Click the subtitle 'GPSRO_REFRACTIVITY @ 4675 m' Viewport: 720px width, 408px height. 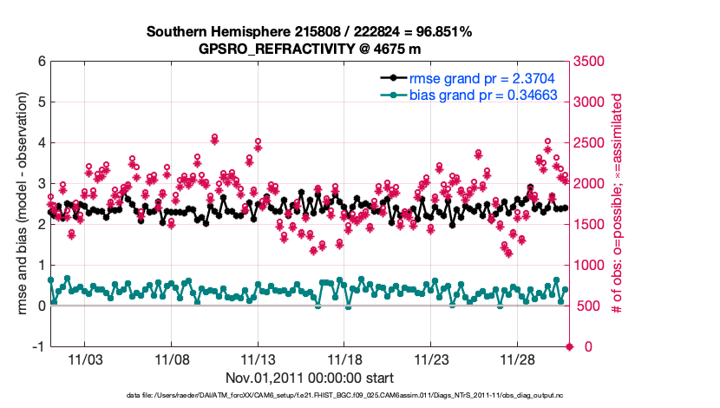(309, 49)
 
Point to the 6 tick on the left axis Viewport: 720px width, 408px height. (41, 62)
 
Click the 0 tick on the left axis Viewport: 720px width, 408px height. (41, 306)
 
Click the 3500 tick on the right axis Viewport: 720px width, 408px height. (589, 62)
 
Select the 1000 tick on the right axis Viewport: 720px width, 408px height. (589, 265)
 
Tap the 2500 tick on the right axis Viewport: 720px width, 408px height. (589, 143)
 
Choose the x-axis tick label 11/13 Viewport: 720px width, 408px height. (259, 359)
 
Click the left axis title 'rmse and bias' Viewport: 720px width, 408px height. (20, 204)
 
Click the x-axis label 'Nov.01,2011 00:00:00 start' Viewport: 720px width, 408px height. (309, 378)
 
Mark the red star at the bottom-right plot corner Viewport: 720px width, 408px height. (570, 346)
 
